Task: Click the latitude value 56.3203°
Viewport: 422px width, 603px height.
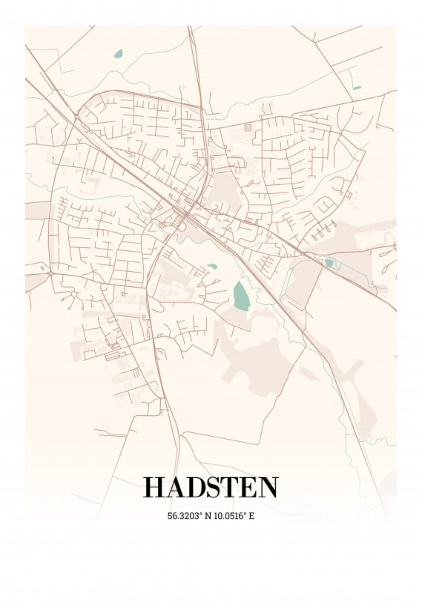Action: [184, 516]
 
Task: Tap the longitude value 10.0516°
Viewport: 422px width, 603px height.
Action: [229, 516]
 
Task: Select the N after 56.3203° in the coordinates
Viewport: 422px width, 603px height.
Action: [208, 516]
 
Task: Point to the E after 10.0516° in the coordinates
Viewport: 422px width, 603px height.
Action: [252, 516]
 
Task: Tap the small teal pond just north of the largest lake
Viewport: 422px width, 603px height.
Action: [212, 267]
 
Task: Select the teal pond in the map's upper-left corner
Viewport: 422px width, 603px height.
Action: [119, 54]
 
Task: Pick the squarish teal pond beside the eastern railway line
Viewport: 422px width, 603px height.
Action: [329, 263]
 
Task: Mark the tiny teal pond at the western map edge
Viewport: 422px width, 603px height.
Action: [42, 267]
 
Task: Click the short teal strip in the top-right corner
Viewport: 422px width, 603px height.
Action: [357, 88]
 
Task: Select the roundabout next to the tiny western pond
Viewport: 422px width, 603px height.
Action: [51, 273]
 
